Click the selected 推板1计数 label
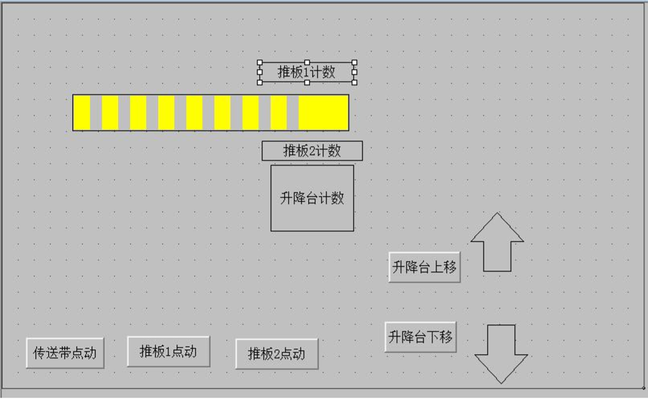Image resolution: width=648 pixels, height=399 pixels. point(306,72)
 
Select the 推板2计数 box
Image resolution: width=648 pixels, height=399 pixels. point(312,151)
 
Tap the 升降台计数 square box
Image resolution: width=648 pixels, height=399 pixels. point(312,198)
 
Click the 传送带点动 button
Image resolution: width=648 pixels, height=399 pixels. point(65,353)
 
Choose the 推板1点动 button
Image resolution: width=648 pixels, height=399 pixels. point(168,351)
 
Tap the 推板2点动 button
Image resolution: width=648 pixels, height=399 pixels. point(276,354)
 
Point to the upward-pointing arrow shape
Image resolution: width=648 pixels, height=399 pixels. point(497,242)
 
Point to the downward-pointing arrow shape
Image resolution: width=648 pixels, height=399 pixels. point(501,354)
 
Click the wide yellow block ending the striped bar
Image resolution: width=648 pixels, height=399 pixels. point(323,112)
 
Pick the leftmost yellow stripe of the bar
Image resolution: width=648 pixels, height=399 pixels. point(82,112)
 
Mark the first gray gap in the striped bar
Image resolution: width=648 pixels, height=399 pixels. point(96,112)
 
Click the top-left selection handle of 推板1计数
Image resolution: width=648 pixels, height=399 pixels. point(259,62)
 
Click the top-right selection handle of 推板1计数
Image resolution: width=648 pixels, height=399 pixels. point(355,62)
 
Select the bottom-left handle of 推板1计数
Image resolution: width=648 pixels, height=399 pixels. point(259,83)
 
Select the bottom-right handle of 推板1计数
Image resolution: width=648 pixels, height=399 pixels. point(355,83)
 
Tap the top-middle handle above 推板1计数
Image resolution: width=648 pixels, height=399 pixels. point(307,62)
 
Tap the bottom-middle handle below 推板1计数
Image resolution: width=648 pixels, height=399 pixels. point(307,83)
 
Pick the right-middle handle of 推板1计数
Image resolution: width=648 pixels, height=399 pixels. point(355,72)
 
